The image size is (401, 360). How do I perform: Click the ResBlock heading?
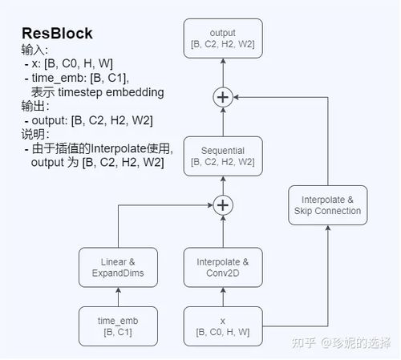pos(57,34)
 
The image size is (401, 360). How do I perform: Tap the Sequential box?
pos(222,156)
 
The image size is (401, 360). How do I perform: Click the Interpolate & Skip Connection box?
pos(327,205)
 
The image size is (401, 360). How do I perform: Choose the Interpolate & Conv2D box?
pos(222,267)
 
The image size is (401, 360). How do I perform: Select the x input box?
pos(222,326)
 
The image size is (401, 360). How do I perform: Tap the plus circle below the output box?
pos(222,97)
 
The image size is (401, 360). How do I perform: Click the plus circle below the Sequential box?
pos(222,205)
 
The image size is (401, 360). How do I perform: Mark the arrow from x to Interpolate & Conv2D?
pos(222,297)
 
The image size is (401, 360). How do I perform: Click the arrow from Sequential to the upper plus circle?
pos(222,122)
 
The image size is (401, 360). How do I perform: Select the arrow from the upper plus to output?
pos(222,75)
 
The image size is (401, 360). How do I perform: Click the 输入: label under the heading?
pos(35,50)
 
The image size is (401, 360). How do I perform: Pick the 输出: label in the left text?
pos(35,106)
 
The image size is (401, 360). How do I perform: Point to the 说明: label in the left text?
pos(35,134)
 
